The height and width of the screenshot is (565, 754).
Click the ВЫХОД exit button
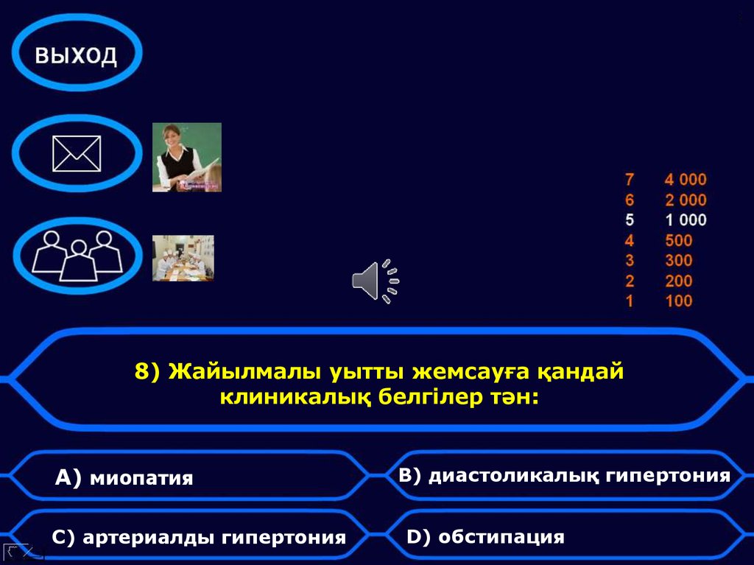[77, 53]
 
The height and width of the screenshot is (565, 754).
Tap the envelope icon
[77, 154]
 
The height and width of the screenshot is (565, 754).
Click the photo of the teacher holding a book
[187, 158]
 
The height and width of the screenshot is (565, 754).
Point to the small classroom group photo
[183, 259]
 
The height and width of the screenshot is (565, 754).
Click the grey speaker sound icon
[375, 281]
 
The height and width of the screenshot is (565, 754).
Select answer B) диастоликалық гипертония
[564, 475]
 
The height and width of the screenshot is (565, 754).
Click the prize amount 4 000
[685, 179]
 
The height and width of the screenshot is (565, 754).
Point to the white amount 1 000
[685, 220]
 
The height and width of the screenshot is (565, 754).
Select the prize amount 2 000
[685, 200]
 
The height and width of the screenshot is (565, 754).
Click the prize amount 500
[678, 240]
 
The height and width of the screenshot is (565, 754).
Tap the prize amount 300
[678, 260]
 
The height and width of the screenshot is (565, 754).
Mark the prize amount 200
[678, 281]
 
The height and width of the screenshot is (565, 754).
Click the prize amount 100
[678, 301]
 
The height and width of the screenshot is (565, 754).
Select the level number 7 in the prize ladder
[629, 179]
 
